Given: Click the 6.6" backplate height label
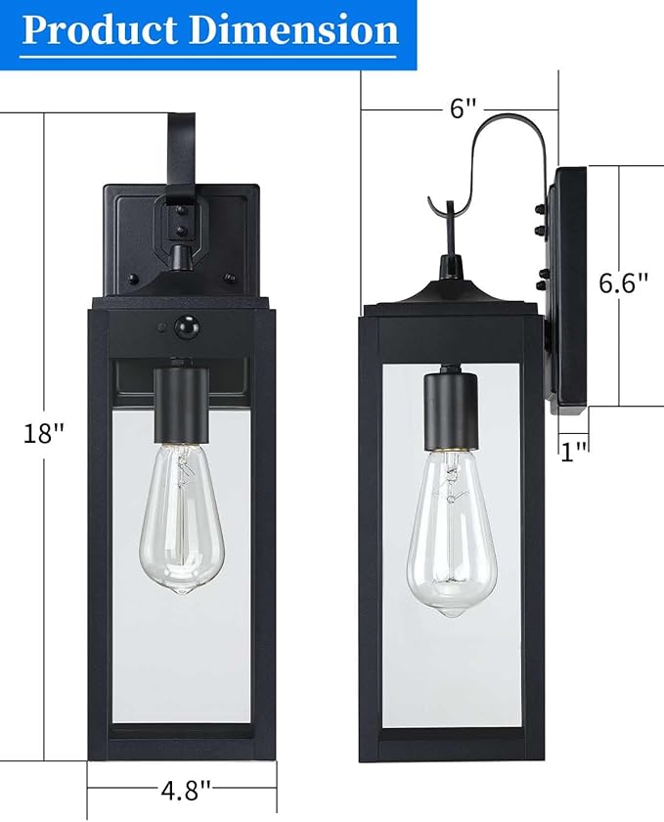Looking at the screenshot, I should point(623,283).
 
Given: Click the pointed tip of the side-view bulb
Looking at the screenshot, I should point(450,612).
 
